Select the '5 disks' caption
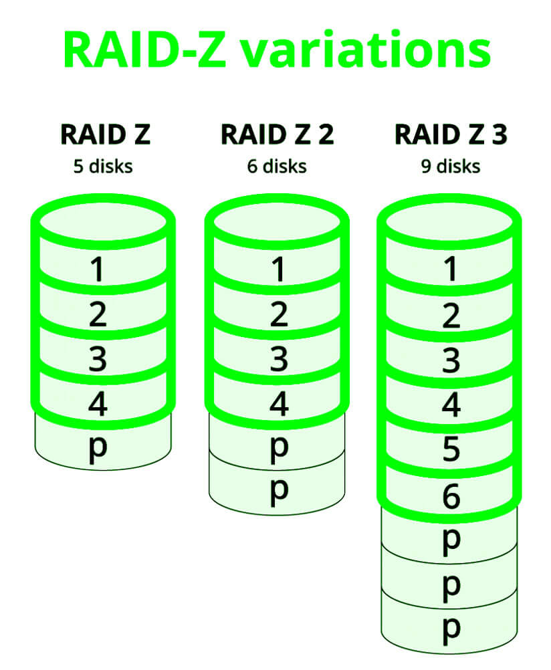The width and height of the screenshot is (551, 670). coord(103,166)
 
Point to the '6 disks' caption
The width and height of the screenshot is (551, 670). coord(277,166)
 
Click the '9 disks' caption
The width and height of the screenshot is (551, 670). coord(451,166)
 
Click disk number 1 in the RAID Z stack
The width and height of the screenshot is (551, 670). coord(98,269)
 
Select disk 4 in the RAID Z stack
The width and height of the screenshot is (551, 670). coord(98,405)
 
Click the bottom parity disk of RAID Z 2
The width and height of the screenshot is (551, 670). coord(277,489)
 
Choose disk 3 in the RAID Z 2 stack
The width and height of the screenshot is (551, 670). coord(277,360)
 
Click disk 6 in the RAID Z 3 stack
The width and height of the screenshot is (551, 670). coord(451,496)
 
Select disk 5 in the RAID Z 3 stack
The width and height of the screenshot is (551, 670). coord(451,451)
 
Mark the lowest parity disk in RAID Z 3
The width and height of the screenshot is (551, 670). coord(451,629)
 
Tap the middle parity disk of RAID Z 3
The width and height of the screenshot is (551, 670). coord(451,584)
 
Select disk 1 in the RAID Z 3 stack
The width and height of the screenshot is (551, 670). coord(451,269)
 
